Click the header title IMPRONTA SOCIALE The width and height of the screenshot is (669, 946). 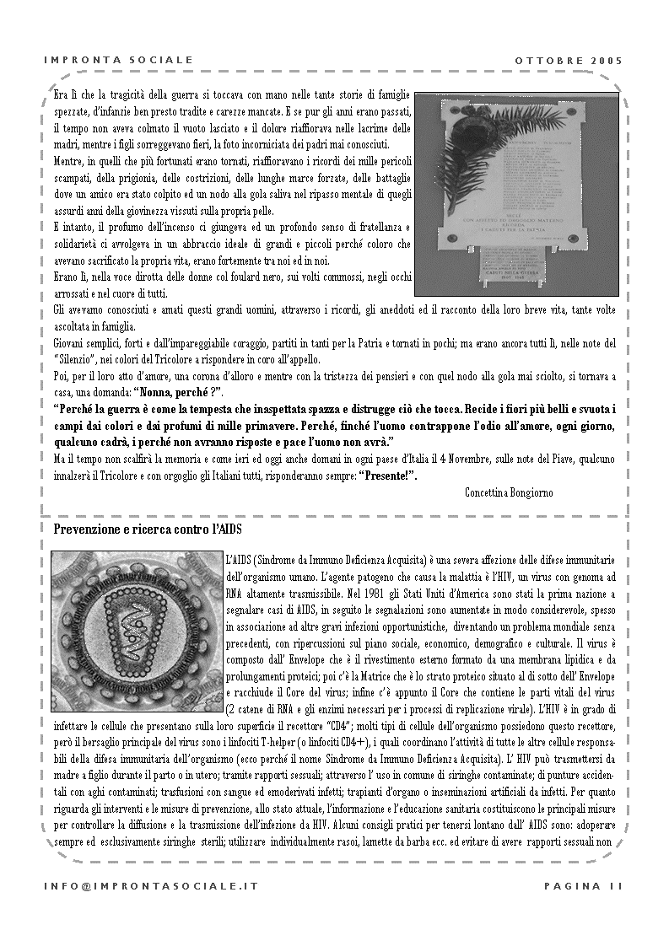click(118, 61)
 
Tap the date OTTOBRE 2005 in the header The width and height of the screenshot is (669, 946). click(569, 61)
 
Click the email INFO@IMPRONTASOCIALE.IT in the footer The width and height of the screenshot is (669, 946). click(151, 885)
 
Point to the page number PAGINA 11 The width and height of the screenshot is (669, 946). click(583, 885)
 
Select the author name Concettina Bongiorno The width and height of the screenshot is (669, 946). click(509, 492)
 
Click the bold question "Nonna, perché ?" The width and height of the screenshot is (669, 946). click(177, 392)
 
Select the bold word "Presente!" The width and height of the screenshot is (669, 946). click(388, 476)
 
